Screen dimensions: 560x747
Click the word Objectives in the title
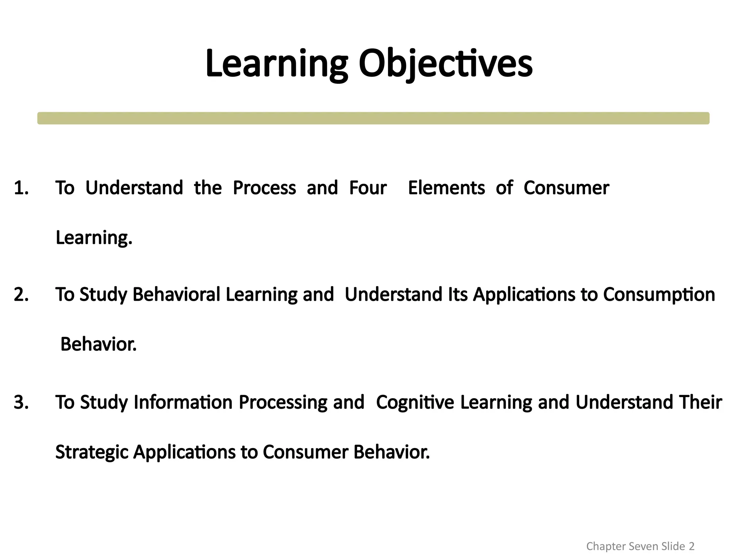pos(445,64)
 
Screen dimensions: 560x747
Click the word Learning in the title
pos(277,64)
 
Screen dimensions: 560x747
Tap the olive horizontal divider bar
pos(373,118)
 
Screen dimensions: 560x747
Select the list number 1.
pos(21,188)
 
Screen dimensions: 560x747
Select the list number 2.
pos(21,295)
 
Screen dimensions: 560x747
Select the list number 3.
pos(21,402)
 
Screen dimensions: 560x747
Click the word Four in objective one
pos(368,188)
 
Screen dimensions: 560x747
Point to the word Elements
pos(446,188)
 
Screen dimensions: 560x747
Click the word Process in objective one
pos(264,188)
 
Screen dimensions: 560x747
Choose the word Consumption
pos(659,295)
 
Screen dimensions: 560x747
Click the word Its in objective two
pos(457,295)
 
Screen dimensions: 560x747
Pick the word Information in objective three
pos(183,402)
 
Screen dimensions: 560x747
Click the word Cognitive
pos(415,402)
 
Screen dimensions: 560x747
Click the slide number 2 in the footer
pos(691,546)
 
